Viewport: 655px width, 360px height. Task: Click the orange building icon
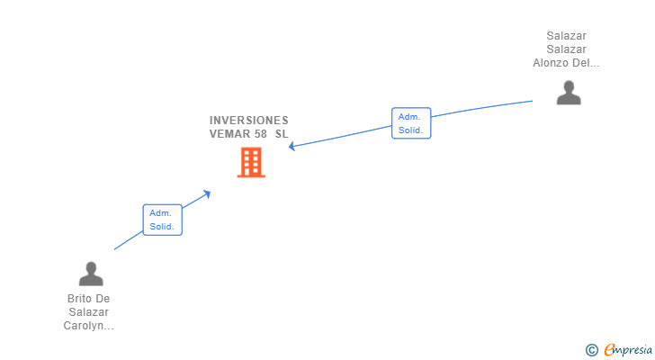click(251, 162)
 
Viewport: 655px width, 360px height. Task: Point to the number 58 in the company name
click(262, 133)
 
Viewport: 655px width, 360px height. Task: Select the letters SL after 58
click(282, 133)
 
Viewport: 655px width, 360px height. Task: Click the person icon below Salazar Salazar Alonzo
click(568, 93)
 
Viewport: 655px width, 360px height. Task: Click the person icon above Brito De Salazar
click(90, 274)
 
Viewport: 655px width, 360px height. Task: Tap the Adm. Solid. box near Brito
click(162, 220)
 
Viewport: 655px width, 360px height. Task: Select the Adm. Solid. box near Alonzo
click(411, 123)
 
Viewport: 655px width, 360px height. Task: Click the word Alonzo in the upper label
click(551, 63)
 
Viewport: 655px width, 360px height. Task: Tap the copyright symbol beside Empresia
click(591, 350)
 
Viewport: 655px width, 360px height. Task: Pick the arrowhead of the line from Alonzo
click(292, 147)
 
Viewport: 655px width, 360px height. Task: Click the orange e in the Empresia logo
click(609, 350)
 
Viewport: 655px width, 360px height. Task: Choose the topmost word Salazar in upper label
click(566, 36)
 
